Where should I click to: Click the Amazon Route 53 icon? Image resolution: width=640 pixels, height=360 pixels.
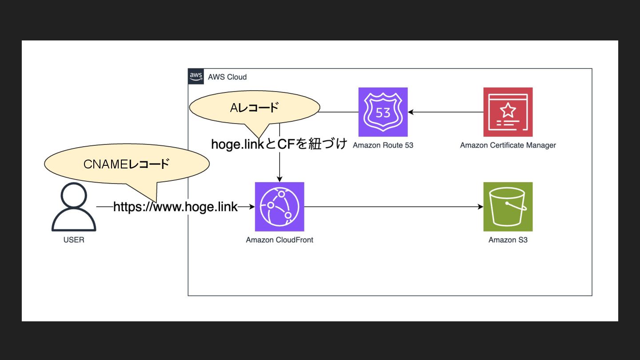383,112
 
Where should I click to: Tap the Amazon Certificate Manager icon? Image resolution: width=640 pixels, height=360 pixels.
508,112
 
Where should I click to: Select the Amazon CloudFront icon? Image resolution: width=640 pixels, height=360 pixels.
280,207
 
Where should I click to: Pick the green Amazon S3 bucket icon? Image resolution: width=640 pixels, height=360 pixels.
508,207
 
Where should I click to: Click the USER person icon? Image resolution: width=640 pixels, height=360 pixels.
74,207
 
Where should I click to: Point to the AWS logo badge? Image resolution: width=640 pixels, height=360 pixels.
196,76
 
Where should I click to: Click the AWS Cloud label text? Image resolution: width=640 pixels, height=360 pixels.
227,77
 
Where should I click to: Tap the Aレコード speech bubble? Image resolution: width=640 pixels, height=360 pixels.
254,108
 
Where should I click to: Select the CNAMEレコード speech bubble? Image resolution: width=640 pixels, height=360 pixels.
127,164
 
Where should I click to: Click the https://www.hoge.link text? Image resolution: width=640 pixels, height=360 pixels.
176,207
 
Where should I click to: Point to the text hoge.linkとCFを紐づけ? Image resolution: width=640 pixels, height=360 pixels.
279,144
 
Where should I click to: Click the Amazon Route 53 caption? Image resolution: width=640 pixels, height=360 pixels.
383,145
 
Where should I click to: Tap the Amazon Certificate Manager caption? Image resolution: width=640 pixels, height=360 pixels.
508,145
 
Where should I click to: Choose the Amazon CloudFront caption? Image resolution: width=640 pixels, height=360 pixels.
280,240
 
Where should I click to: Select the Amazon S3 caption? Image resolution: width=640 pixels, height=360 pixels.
508,240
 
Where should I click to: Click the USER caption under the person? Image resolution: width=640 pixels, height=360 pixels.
74,240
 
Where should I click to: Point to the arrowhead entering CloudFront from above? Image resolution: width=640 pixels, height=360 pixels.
280,179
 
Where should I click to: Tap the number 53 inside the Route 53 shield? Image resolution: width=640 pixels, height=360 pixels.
383,112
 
